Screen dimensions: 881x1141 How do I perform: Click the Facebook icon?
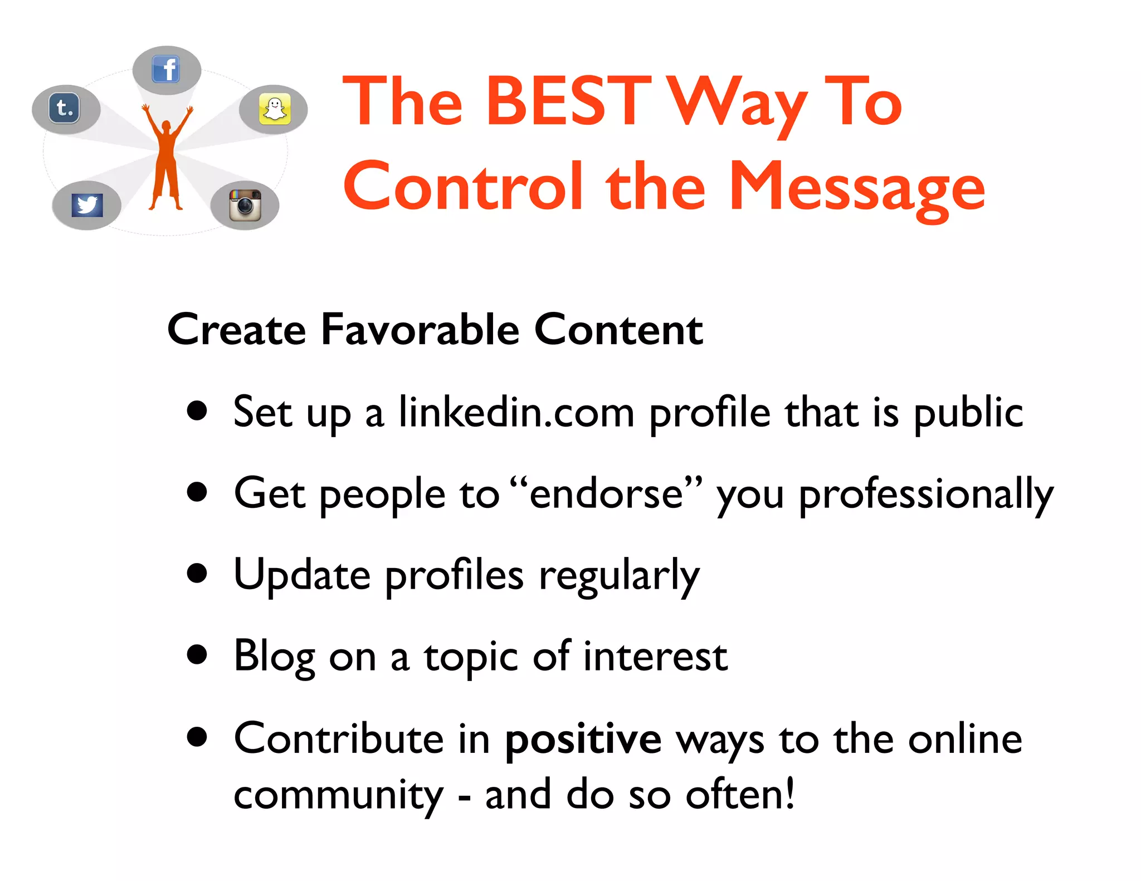(165, 70)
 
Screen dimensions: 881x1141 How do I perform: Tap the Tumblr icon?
(65, 108)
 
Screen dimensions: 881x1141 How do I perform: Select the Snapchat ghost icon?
(275, 109)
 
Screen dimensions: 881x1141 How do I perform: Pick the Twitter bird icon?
(87, 205)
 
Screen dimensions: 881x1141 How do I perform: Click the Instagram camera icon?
(245, 205)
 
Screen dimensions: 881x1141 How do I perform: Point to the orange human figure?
(166, 159)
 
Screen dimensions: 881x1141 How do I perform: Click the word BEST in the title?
(567, 101)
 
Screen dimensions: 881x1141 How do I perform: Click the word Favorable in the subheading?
(420, 330)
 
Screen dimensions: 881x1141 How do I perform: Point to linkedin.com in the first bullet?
(516, 413)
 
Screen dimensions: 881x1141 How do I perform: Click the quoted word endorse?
(606, 493)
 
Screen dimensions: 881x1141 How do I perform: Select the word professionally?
(926, 495)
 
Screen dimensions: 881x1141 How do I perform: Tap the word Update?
(302, 575)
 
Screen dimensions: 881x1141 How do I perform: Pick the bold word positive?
(583, 740)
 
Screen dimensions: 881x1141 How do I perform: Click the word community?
(338, 795)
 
